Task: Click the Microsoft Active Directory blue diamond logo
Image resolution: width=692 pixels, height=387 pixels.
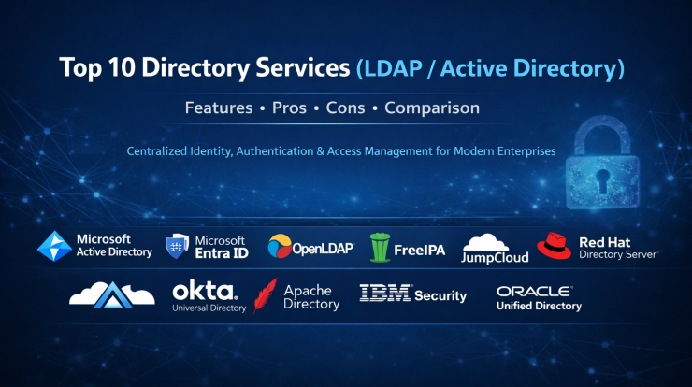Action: (54, 246)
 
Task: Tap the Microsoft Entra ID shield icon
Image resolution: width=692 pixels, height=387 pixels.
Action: (178, 246)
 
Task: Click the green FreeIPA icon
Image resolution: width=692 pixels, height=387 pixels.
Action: (379, 247)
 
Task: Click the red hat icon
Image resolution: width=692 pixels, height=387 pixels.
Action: (554, 245)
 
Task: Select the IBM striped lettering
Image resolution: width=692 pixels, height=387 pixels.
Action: (383, 294)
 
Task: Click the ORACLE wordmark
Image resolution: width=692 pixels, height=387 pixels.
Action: (534, 292)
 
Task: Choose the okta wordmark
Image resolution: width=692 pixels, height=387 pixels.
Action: (205, 291)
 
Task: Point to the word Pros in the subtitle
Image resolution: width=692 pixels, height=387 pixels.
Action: (289, 107)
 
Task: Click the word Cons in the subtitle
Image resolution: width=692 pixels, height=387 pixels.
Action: (345, 107)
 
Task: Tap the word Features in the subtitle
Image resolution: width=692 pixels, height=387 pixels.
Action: (219, 107)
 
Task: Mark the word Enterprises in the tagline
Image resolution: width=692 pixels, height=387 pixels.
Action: (526, 150)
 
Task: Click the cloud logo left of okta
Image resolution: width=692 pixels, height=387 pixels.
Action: (111, 293)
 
